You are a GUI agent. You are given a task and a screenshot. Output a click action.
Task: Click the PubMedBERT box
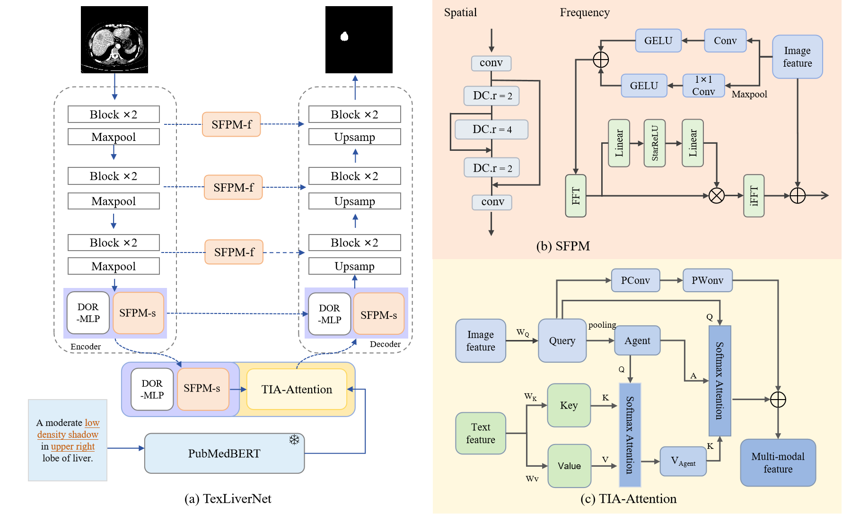click(224, 453)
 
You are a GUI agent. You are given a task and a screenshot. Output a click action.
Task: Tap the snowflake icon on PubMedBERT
click(294, 440)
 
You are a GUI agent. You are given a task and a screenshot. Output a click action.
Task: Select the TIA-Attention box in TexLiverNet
click(297, 389)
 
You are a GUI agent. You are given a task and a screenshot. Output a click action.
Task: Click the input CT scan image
click(114, 40)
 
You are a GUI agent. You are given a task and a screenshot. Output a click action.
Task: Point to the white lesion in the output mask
click(344, 36)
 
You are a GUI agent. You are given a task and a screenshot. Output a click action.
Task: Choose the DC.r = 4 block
click(491, 129)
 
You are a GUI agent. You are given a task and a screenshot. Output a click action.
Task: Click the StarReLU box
click(655, 143)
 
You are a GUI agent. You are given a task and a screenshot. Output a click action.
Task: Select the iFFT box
click(754, 196)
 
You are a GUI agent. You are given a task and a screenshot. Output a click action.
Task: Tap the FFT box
click(576, 196)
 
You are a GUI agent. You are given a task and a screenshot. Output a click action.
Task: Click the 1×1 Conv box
click(703, 86)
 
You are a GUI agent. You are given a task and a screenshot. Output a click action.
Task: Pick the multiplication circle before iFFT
click(716, 195)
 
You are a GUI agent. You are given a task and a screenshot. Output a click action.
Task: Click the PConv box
click(635, 280)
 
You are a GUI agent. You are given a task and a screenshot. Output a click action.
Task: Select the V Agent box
click(683, 461)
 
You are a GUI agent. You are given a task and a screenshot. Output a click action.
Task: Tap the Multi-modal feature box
click(778, 462)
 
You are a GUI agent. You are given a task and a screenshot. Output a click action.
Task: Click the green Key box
click(569, 405)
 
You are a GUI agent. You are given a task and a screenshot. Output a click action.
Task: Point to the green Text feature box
click(481, 433)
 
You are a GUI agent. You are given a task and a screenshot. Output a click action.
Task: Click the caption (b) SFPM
click(563, 246)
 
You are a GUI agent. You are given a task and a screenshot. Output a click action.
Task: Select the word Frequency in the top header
click(585, 12)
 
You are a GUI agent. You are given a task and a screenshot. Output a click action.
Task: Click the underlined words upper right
click(73, 446)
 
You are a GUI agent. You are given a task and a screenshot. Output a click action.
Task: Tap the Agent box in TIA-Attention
click(637, 340)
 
